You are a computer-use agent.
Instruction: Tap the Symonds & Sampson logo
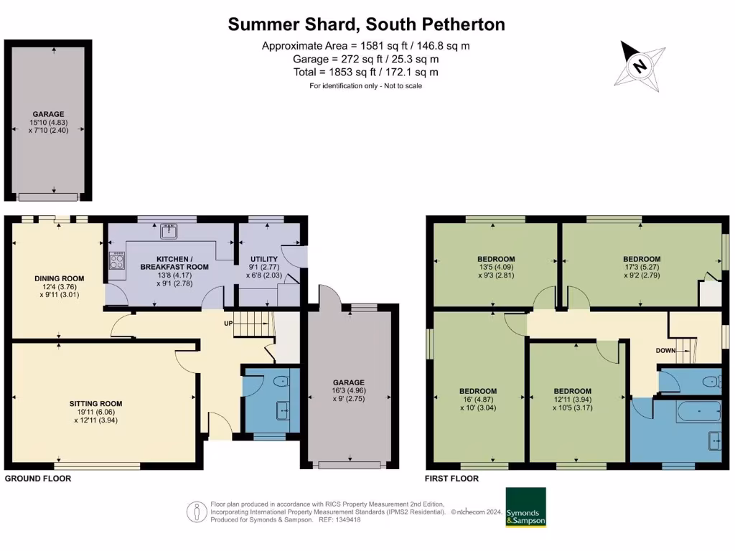tap(525, 508)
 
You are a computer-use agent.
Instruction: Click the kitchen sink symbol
tap(169, 230)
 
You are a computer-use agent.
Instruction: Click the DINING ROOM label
tap(60, 278)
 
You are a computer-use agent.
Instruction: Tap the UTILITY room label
tap(264, 258)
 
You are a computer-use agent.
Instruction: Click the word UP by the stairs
tap(228, 324)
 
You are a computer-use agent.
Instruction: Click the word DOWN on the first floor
tap(666, 351)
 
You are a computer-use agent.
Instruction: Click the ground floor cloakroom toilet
tap(283, 381)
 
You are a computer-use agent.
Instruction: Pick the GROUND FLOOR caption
tap(38, 479)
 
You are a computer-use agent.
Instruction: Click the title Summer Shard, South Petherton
tap(366, 24)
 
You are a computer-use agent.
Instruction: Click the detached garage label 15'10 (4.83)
tap(49, 122)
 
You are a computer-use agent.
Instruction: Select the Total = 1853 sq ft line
tap(366, 72)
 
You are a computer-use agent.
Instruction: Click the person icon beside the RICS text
tap(196, 511)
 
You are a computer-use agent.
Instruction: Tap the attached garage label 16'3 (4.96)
tap(349, 390)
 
